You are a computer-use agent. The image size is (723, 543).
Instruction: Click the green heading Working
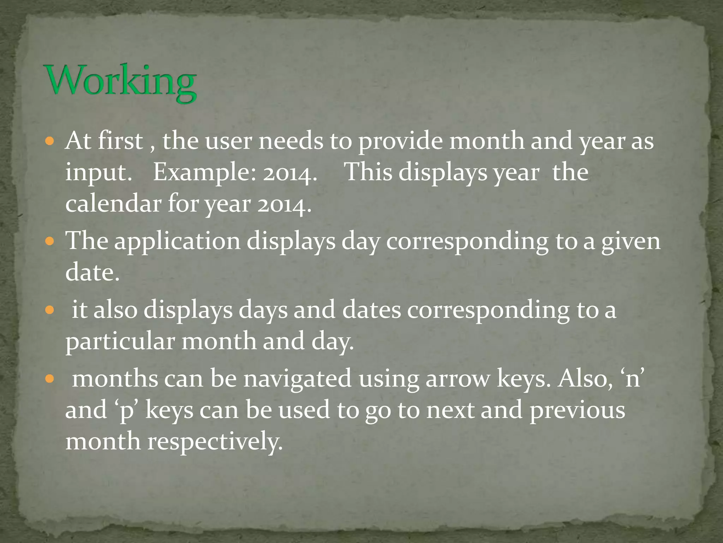[x=120, y=82]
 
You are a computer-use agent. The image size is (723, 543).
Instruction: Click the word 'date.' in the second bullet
[x=92, y=273]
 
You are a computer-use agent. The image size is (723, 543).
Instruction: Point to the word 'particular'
[x=120, y=341]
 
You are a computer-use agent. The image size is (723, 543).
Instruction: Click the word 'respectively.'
[x=215, y=442]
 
